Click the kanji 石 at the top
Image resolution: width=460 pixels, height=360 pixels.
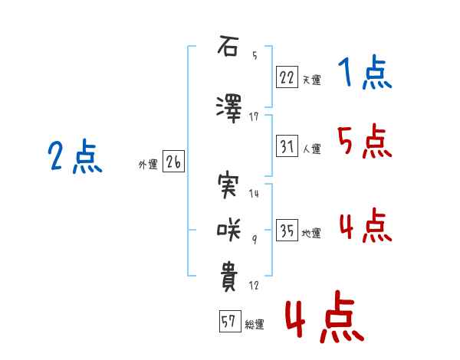228,46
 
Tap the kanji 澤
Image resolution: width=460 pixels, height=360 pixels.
228,108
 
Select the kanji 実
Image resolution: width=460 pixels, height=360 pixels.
228,185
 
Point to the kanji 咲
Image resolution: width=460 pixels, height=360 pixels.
228,230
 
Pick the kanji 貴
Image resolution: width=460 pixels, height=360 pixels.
228,277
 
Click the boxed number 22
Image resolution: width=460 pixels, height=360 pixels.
287,77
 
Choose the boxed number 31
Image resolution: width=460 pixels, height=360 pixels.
287,146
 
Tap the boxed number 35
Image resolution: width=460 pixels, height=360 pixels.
287,230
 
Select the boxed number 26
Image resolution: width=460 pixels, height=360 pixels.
173,162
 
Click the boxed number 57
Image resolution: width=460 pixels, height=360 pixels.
230,321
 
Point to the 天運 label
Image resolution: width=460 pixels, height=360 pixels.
312,80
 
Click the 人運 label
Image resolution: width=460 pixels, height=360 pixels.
312,149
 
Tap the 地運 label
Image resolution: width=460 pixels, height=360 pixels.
311,233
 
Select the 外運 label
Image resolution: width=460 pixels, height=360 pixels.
148,165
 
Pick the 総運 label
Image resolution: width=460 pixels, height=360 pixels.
255,325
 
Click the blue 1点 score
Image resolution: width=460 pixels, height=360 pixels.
365,72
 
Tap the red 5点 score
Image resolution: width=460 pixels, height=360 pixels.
365,141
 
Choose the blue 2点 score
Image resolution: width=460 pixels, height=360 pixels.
75,156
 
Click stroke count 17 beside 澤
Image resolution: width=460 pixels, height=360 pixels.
254,117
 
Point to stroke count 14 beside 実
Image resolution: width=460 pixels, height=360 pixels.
254,194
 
